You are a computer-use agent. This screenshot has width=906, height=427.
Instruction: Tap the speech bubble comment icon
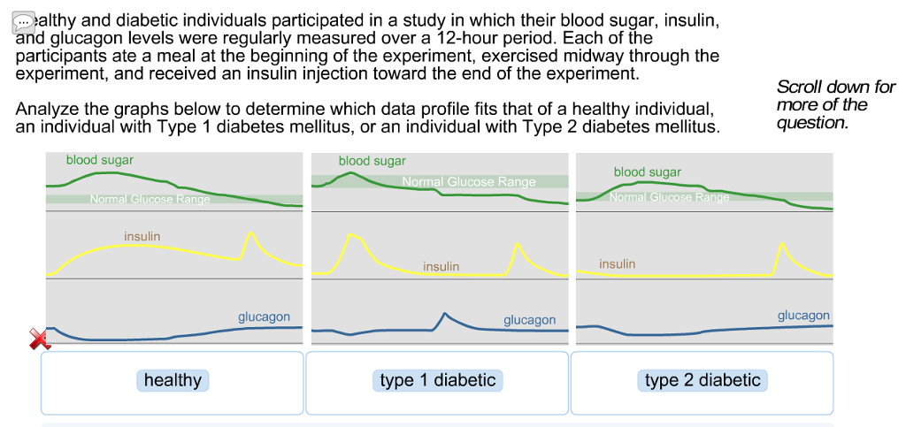[x=24, y=22]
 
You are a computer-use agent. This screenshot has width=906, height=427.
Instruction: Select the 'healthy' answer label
[x=173, y=380]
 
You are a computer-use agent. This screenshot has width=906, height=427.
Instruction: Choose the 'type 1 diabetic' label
[x=437, y=380]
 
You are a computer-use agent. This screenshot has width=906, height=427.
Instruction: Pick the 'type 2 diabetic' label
[x=703, y=380]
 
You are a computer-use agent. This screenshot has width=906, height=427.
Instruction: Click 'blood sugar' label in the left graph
[x=99, y=160]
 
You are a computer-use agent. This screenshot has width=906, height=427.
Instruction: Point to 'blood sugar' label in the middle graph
[x=372, y=161]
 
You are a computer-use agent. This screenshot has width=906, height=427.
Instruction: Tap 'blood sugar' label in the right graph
[x=648, y=172]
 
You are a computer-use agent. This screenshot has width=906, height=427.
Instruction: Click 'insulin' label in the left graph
[x=142, y=236]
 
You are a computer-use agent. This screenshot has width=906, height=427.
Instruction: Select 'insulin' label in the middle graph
[x=441, y=266]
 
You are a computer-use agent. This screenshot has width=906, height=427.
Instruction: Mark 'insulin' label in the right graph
[x=617, y=263]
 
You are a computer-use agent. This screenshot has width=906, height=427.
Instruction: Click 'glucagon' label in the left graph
[x=264, y=316]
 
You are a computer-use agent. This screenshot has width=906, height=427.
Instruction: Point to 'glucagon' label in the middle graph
[x=529, y=320]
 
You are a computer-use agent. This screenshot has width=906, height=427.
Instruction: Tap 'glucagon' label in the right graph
[x=803, y=315]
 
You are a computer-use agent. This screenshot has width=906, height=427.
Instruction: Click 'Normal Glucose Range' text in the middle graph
[x=469, y=181]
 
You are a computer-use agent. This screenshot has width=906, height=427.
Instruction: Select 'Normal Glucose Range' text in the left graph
[x=150, y=199]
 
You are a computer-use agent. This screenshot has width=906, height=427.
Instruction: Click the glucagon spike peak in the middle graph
[x=445, y=314]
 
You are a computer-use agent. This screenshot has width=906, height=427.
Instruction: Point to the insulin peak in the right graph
[x=780, y=243]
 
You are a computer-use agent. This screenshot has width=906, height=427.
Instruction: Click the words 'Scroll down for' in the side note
[x=835, y=87]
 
